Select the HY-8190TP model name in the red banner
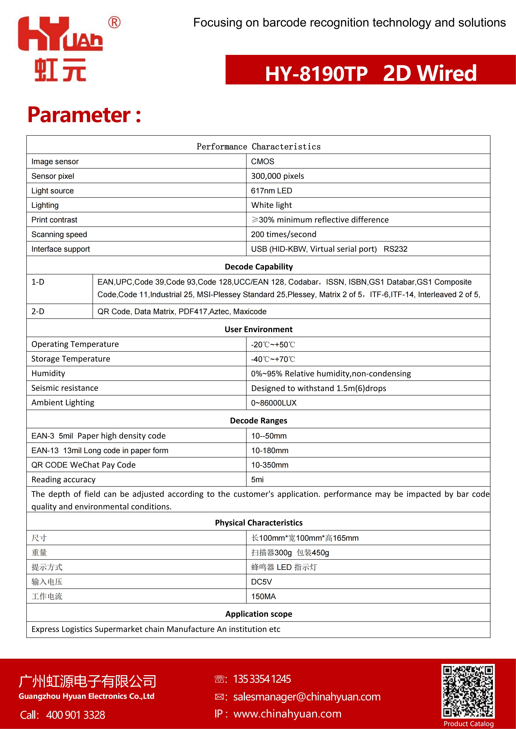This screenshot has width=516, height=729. (316, 74)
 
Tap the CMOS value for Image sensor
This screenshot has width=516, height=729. (262, 162)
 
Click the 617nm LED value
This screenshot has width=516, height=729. (271, 191)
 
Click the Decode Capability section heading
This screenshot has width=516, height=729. (259, 267)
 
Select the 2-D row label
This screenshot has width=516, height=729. (38, 311)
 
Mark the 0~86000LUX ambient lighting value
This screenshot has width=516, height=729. (274, 403)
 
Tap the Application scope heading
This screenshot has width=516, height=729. (259, 614)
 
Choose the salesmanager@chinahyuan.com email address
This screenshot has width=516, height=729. (307, 697)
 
